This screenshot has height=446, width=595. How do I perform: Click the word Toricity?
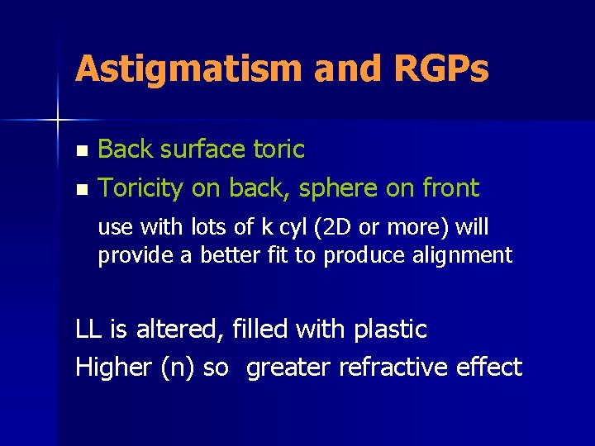(141, 188)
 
